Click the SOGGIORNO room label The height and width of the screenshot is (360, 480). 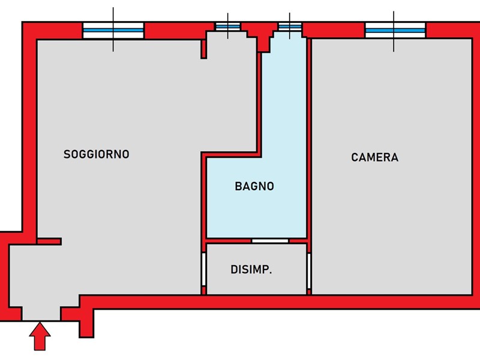tap(96, 154)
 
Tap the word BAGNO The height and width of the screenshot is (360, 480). tap(254, 187)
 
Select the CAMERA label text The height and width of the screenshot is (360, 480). tap(374, 158)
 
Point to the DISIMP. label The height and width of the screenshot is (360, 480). tap(251, 270)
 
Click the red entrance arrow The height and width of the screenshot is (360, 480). tap(40, 337)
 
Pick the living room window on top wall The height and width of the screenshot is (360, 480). tap(113, 30)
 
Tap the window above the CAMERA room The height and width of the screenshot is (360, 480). tap(395, 29)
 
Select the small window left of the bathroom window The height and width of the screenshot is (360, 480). tap(227, 28)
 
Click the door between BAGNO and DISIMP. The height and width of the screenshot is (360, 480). tap(269, 241)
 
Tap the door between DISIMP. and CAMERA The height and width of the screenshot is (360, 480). tap(309, 270)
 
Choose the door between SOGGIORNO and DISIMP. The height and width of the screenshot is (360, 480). tap(203, 269)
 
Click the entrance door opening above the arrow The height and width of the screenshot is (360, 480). tap(41, 314)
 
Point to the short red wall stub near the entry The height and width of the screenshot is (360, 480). tap(49, 241)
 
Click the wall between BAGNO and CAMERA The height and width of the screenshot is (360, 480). tap(308, 138)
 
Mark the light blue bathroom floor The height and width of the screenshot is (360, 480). tap(254, 210)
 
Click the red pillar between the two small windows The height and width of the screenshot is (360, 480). tap(259, 33)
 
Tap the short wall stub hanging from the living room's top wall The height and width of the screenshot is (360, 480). tap(203, 49)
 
